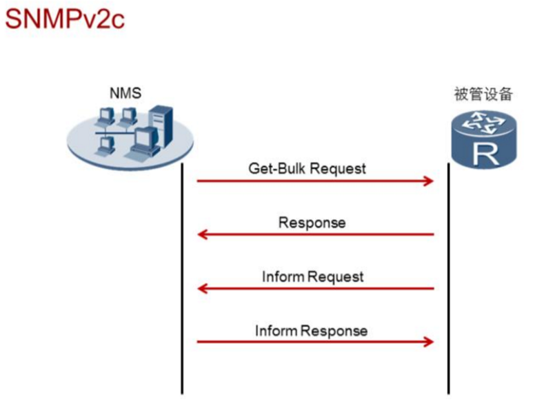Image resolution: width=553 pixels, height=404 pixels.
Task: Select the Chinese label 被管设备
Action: [483, 94]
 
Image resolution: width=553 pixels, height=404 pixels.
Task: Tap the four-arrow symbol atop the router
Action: [485, 124]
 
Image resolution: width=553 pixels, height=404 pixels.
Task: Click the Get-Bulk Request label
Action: [307, 168]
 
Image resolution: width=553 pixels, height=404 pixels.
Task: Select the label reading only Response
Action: [312, 223]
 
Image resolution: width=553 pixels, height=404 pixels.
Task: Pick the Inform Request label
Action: [312, 276]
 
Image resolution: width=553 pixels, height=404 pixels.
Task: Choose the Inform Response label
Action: [311, 330]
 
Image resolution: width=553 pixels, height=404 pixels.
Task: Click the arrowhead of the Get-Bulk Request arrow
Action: [428, 181]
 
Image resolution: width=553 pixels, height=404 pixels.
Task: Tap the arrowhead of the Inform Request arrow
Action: [203, 288]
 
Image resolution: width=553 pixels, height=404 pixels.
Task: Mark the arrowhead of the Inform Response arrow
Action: [428, 342]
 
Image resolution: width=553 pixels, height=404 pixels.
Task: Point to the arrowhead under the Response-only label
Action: [203, 234]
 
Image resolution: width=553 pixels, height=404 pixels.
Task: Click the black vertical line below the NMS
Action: [182, 276]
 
